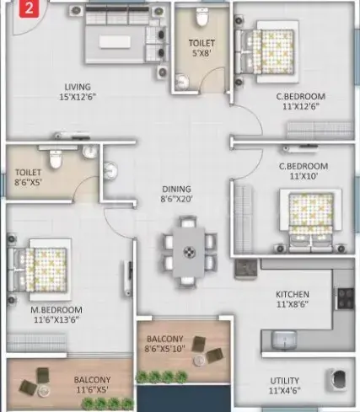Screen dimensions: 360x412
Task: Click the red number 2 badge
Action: [29, 8]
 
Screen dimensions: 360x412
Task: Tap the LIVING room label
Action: [78, 87]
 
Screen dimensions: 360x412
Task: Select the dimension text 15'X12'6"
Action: [78, 97]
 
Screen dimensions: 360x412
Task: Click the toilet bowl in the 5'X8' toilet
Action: [201, 17]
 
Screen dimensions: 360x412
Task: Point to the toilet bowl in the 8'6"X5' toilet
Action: [56, 159]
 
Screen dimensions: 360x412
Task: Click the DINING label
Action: [176, 189]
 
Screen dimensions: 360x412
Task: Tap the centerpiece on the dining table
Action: [189, 252]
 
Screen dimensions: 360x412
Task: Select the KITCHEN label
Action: [293, 294]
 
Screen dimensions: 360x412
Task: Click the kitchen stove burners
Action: [346, 298]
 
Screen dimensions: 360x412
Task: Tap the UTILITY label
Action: [284, 381]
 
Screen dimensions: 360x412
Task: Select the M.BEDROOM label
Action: [56, 310]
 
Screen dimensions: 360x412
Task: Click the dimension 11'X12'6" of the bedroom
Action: [301, 107]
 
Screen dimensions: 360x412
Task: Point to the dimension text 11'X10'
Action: [304, 176]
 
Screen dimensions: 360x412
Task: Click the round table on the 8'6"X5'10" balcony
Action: [199, 361]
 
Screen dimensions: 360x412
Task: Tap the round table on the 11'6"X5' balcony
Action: [43, 391]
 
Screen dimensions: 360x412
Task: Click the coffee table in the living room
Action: [115, 42]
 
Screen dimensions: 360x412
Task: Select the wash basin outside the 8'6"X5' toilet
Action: [110, 170]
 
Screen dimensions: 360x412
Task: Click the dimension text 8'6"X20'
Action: [176, 199]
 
